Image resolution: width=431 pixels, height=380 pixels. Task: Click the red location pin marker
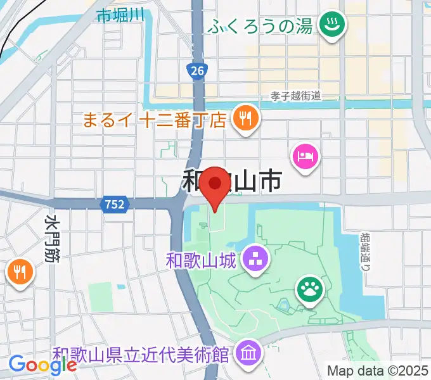[x=215, y=186]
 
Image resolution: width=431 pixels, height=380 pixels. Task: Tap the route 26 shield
[x=197, y=71]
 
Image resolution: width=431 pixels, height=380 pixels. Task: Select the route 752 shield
[x=115, y=204]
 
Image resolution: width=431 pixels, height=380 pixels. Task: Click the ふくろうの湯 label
[x=261, y=27]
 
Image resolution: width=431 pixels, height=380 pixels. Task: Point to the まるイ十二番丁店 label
[x=155, y=119]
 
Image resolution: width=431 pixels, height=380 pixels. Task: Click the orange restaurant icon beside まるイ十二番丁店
[x=244, y=117]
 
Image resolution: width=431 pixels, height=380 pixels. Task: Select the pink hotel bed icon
[x=306, y=155]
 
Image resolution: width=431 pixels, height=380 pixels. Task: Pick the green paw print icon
[x=310, y=289]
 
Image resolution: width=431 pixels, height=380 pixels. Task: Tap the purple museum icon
[x=248, y=352]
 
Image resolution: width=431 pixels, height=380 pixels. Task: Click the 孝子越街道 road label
[x=295, y=96]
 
